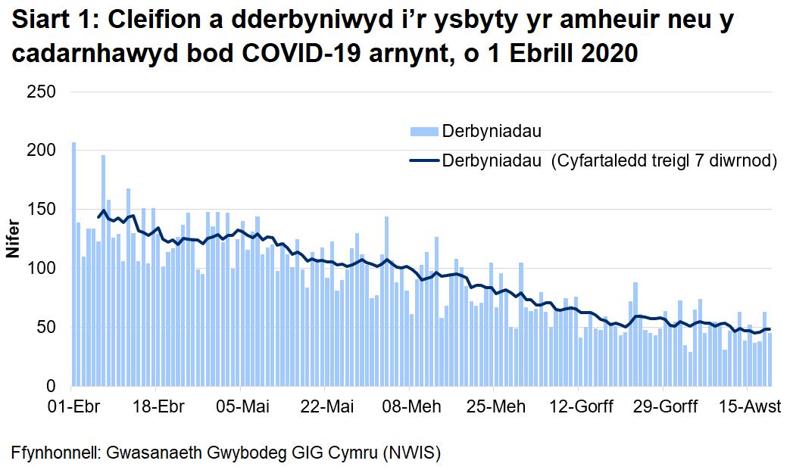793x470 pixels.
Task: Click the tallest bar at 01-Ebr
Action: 73,264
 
